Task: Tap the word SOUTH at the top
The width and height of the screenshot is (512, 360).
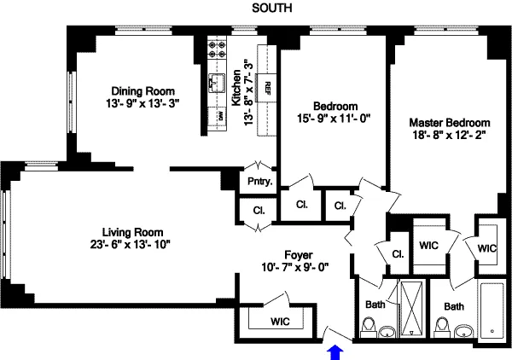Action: (x=273, y=9)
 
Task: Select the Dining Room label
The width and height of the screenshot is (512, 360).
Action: (x=143, y=90)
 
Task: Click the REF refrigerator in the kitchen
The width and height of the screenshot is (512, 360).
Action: (x=266, y=86)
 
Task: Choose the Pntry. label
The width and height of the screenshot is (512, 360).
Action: (x=259, y=181)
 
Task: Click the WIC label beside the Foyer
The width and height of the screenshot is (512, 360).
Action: (x=281, y=322)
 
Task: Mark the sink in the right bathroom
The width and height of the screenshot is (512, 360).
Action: (x=465, y=330)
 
